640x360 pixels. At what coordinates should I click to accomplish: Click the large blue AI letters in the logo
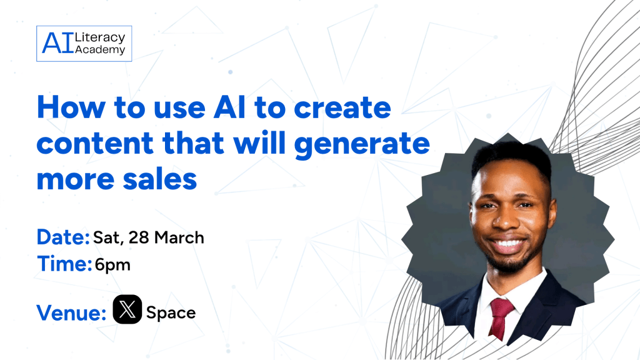pos(57,44)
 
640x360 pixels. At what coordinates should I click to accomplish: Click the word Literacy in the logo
pos(100,37)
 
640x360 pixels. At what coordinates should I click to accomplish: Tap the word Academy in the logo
pos(100,50)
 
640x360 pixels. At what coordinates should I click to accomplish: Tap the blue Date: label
pos(63,237)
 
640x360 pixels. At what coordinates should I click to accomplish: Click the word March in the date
pos(179,238)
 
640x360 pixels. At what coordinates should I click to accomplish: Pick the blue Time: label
pos(63,264)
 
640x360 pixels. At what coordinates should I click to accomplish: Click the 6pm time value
pos(112,265)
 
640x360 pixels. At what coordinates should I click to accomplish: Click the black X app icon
pos(127,310)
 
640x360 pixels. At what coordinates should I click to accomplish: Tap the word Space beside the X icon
pos(171,312)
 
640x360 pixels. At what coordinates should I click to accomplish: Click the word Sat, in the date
pos(107,238)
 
